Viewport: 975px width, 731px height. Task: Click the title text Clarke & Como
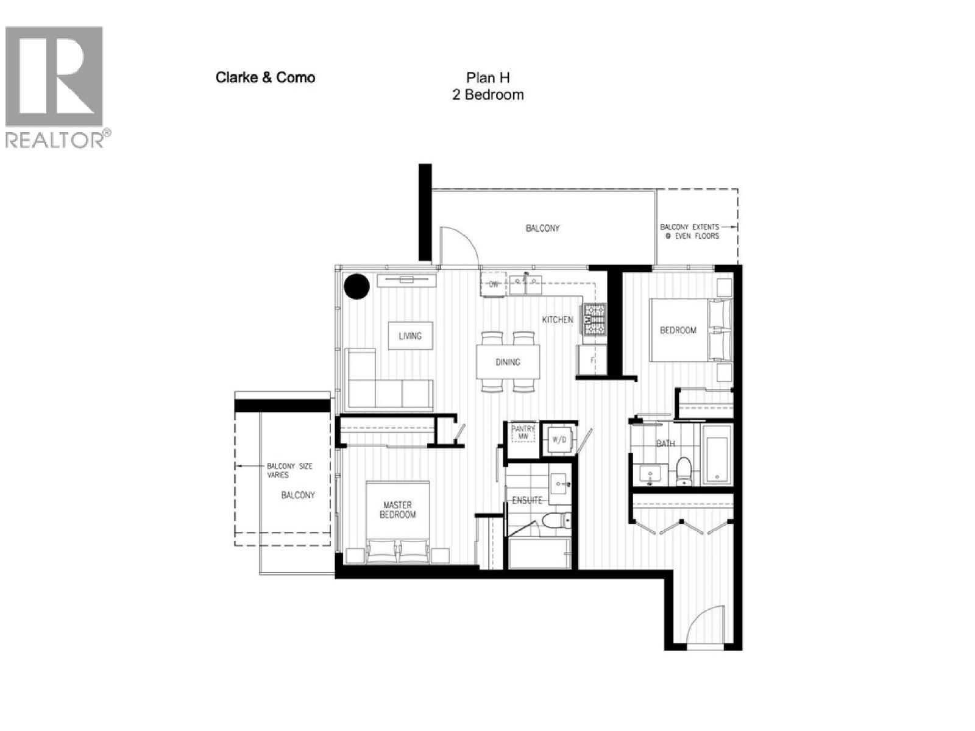(x=265, y=77)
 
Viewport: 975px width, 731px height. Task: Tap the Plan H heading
(x=487, y=77)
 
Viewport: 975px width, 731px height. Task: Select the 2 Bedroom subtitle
(x=487, y=95)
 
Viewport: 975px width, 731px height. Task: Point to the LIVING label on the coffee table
(x=410, y=336)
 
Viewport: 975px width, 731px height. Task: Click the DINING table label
(x=508, y=362)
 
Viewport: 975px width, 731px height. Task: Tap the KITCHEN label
(x=558, y=319)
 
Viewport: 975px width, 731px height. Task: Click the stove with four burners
(x=595, y=320)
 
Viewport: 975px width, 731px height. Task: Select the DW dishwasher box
(x=494, y=284)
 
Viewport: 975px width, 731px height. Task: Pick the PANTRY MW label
(x=522, y=433)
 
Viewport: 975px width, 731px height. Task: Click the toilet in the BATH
(x=684, y=471)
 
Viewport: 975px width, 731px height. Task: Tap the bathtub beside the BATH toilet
(x=716, y=454)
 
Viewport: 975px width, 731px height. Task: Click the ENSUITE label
(x=527, y=501)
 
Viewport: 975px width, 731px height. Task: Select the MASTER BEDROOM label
(x=397, y=509)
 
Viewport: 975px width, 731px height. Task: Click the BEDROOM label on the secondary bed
(x=678, y=330)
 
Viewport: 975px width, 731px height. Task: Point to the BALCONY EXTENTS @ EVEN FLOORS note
(x=690, y=231)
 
